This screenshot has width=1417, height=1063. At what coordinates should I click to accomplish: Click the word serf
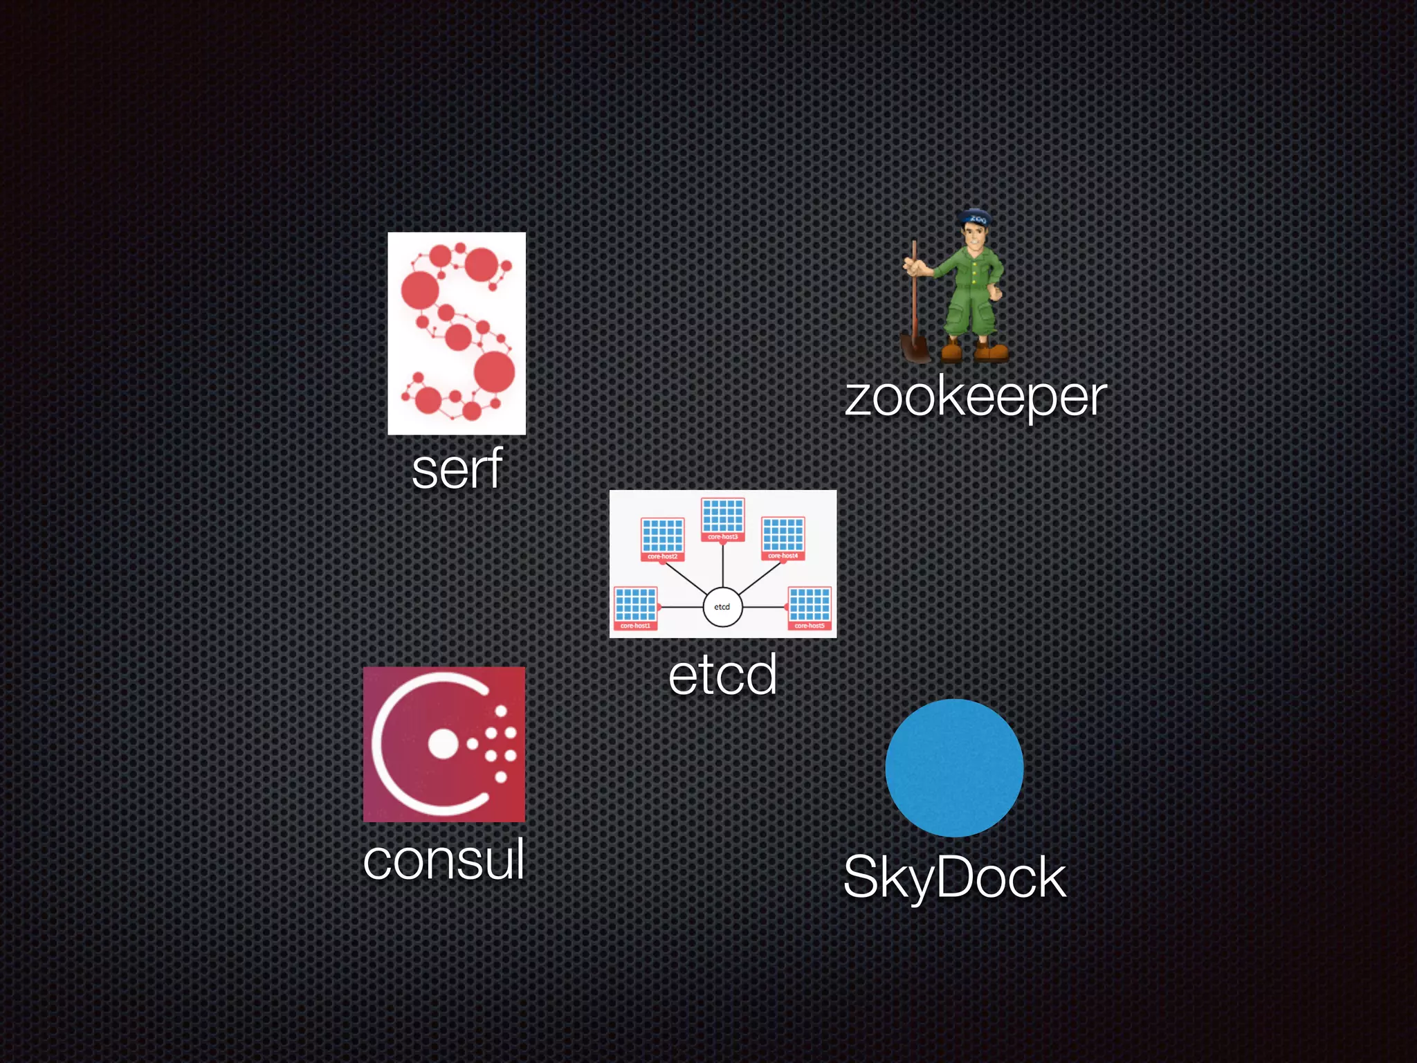[457, 470]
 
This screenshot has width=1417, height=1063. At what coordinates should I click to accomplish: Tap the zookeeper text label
[976, 398]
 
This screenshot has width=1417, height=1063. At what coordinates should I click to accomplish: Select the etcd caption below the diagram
[722, 675]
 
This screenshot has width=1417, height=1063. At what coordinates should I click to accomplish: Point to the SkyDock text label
[955, 878]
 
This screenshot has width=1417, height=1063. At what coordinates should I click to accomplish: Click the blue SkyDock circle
[954, 767]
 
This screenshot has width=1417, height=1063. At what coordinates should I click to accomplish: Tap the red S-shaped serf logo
[457, 333]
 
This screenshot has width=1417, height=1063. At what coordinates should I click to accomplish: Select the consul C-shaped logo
[444, 744]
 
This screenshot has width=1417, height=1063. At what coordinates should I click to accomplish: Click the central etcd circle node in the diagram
[722, 607]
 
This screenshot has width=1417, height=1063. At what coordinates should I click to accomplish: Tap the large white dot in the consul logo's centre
[443, 745]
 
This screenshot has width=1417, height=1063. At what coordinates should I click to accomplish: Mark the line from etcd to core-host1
[682, 607]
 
